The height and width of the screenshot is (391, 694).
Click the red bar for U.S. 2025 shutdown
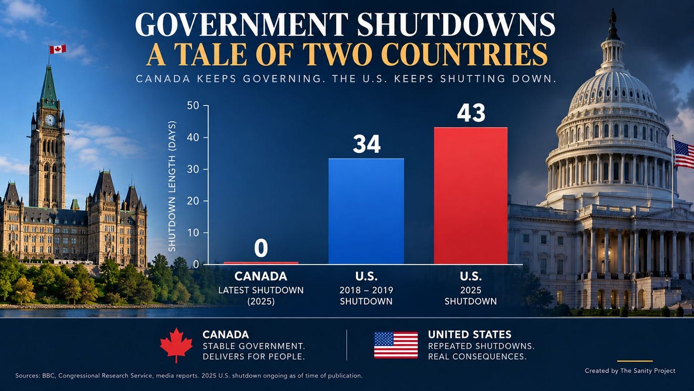click(x=470, y=196)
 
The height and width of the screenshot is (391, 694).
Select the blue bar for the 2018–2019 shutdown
click(x=366, y=211)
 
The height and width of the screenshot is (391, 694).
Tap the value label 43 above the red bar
click(x=471, y=113)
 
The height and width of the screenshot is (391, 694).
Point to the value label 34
click(x=367, y=145)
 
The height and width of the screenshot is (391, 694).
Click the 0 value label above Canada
click(x=261, y=249)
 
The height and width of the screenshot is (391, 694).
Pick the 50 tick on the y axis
click(x=193, y=106)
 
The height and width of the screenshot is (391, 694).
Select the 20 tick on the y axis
click(x=193, y=201)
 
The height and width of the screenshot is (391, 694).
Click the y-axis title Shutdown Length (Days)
click(x=172, y=186)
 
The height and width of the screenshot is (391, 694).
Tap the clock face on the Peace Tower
click(x=50, y=119)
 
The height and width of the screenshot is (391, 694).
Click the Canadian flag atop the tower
click(x=58, y=49)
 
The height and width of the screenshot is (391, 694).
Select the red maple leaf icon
click(x=176, y=345)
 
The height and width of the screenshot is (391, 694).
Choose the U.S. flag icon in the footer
click(x=396, y=345)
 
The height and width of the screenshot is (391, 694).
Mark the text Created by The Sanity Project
click(x=630, y=371)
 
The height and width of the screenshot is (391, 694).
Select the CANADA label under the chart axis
click(x=261, y=276)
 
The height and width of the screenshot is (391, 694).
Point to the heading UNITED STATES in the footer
click(x=469, y=335)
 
